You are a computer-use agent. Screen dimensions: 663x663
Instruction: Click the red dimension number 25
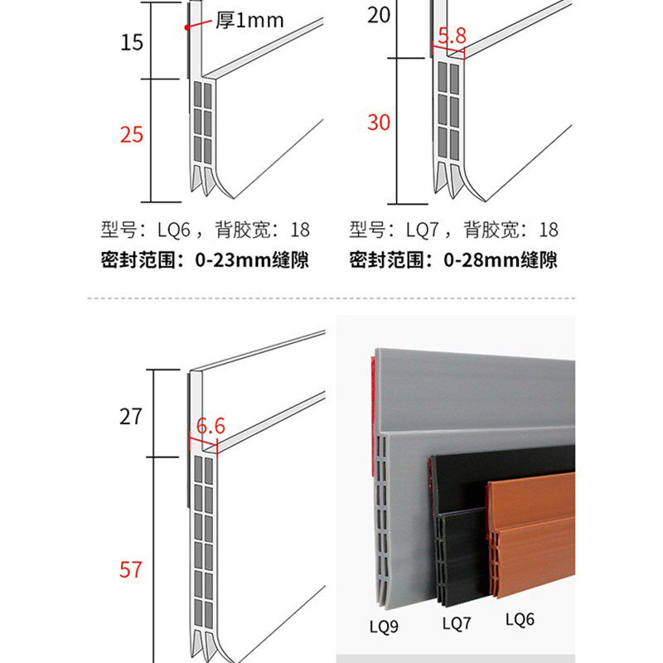point(132,134)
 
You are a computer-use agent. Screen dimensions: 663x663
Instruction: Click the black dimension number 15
point(132,41)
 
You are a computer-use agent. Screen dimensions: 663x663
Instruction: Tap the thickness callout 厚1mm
point(249,21)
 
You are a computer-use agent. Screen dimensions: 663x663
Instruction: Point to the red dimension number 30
point(379,122)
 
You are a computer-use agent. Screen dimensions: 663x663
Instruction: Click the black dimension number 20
point(379,14)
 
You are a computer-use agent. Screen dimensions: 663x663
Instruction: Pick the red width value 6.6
point(211,426)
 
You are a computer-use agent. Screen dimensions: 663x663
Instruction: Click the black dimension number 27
point(131,416)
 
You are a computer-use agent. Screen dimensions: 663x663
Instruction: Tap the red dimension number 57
point(131,569)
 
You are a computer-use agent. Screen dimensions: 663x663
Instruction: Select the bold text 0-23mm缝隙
point(252,260)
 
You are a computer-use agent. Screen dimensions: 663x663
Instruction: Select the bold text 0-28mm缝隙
point(501,260)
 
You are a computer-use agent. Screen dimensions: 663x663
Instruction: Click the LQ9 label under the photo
point(384,627)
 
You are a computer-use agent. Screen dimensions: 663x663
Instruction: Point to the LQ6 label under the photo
point(520,619)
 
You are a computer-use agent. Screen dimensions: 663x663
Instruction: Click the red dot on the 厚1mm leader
point(189,27)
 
